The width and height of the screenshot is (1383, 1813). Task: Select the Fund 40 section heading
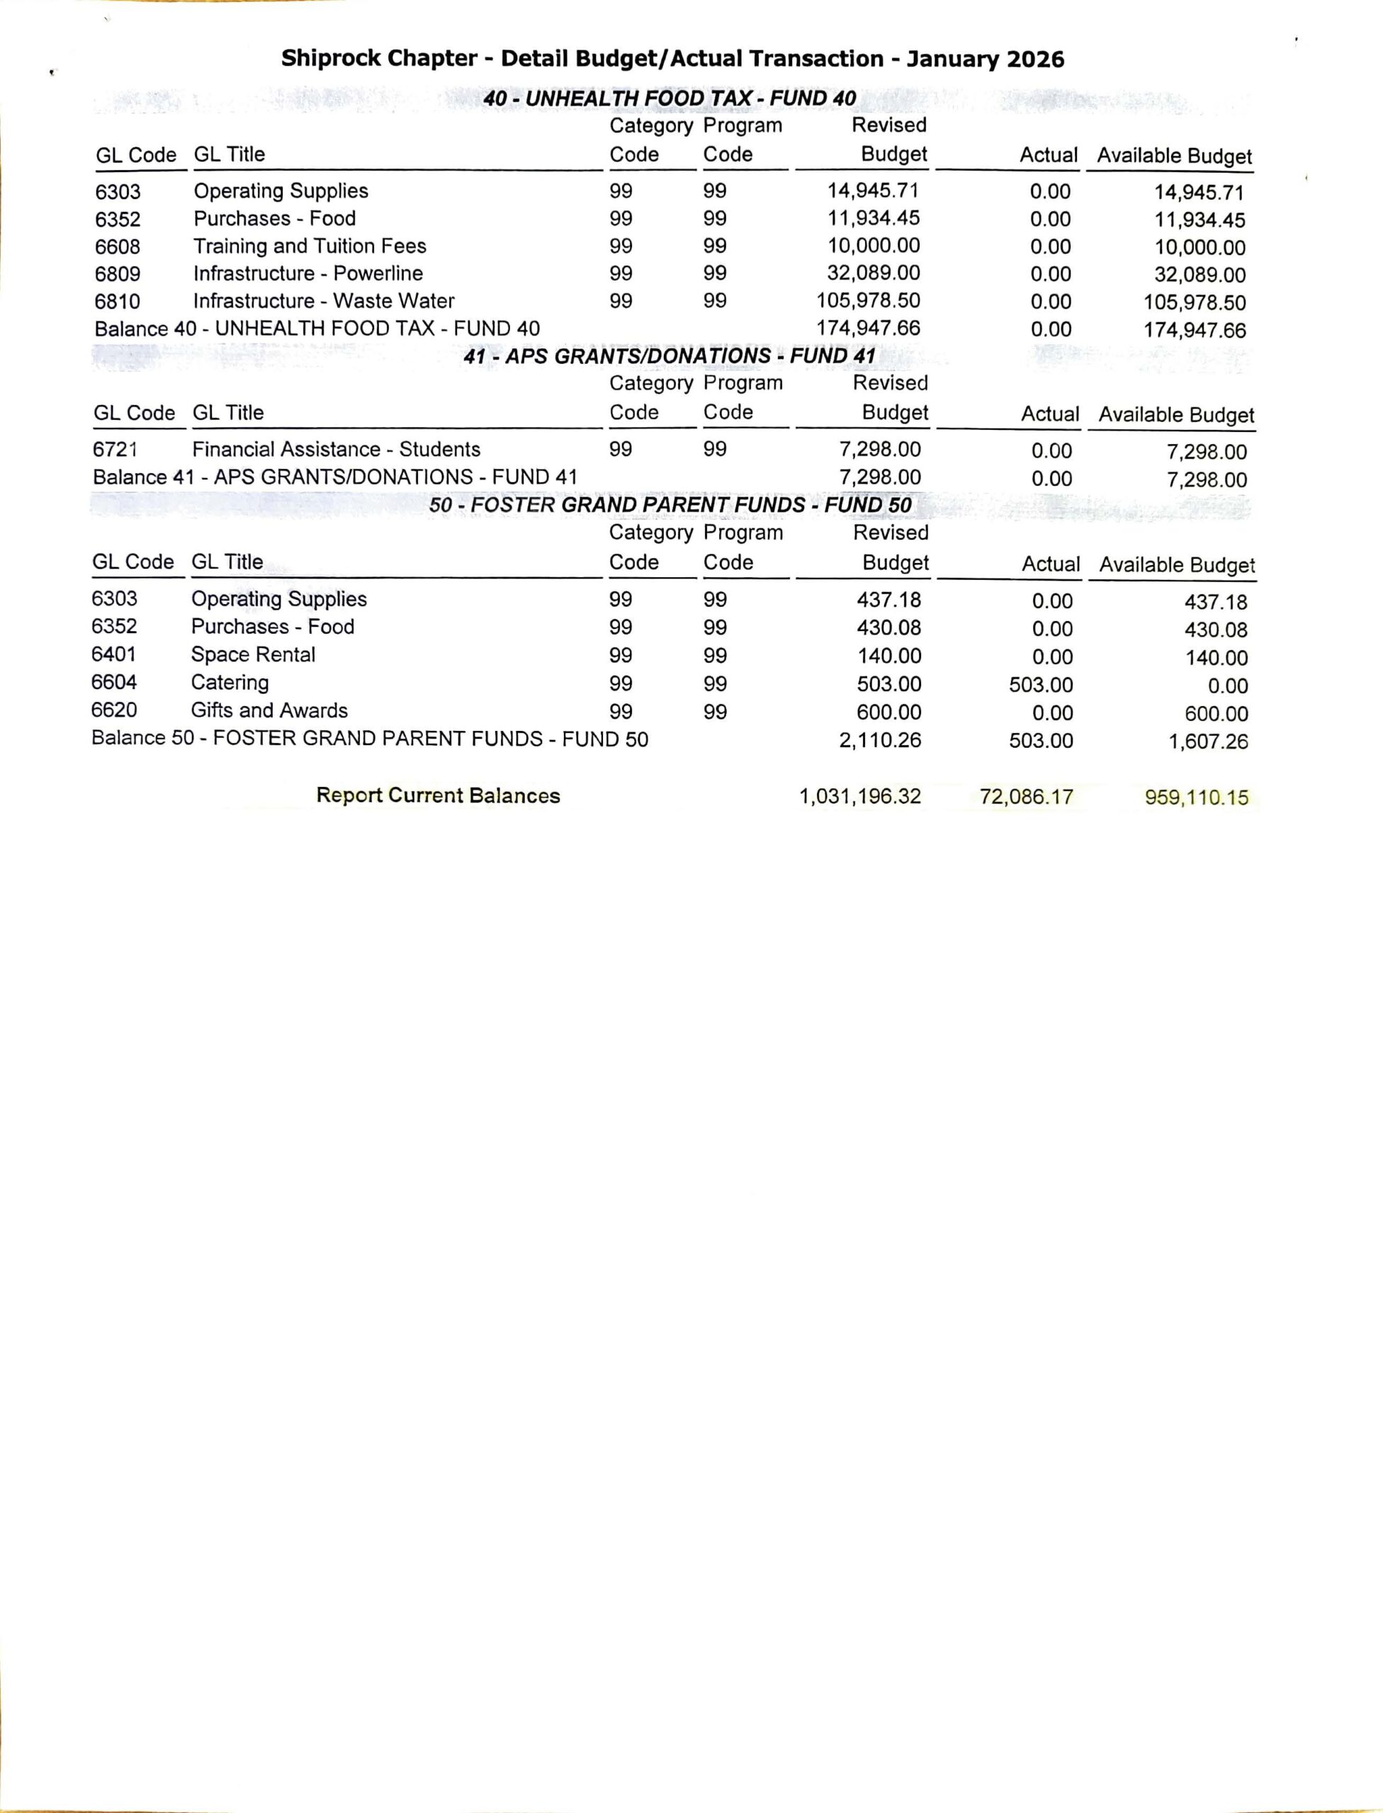tap(670, 98)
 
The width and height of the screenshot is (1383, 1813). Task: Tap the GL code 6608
tap(118, 247)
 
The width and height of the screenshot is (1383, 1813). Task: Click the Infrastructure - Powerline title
tap(308, 273)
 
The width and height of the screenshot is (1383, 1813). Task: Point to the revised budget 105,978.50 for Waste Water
tap(868, 300)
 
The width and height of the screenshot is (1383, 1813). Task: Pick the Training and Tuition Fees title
tap(310, 246)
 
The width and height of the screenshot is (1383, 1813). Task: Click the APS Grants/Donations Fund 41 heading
tap(668, 356)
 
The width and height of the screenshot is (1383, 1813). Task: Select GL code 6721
tap(115, 449)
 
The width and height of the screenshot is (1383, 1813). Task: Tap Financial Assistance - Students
tap(336, 449)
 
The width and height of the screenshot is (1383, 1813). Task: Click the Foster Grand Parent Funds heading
tap(670, 504)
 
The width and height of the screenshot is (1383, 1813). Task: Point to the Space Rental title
tap(253, 654)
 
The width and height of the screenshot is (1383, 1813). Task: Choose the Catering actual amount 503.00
tap(1041, 685)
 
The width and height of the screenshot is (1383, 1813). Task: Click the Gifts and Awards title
tap(269, 710)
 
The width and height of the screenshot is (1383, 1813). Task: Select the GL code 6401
tap(113, 654)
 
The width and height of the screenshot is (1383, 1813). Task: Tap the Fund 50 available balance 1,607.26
tap(1208, 741)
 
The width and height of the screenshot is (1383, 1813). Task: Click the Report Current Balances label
tap(438, 795)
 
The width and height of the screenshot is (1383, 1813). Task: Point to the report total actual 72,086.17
tap(1026, 797)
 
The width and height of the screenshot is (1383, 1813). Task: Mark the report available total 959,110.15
tap(1196, 797)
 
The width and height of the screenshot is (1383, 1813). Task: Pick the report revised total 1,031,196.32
tap(859, 797)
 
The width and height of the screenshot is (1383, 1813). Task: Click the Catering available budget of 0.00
tap(1227, 686)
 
